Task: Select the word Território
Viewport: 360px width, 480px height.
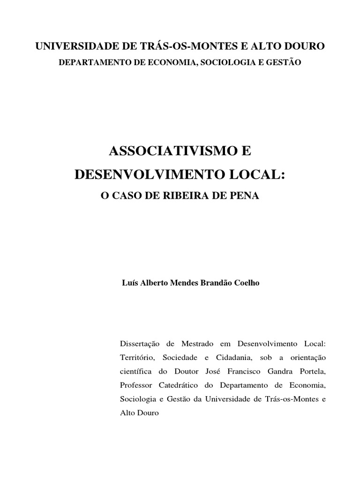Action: click(x=136, y=358)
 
